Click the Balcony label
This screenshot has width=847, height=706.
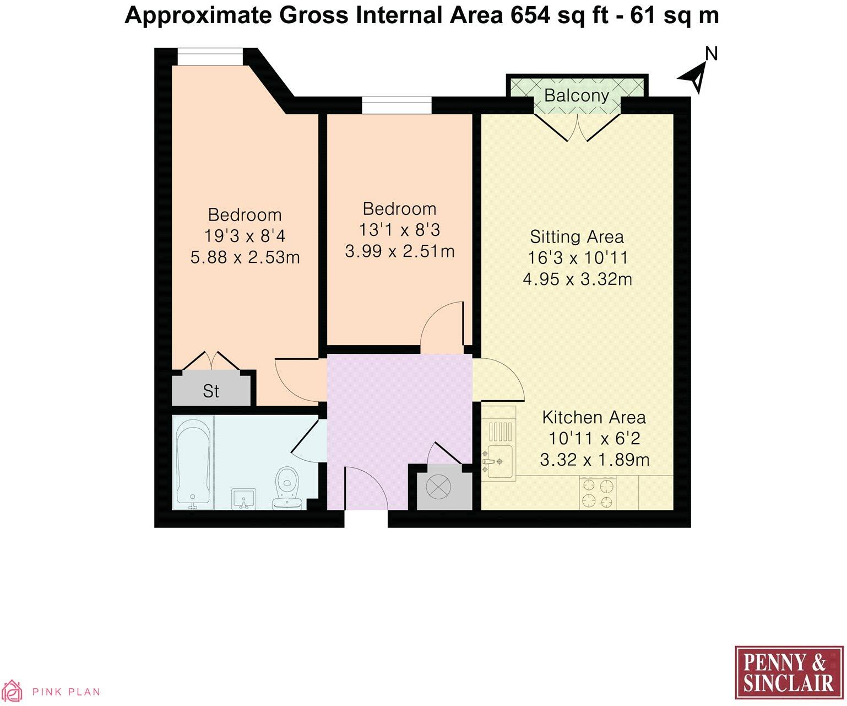[576, 95]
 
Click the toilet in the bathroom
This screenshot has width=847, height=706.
[286, 488]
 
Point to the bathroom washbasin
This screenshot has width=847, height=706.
[243, 498]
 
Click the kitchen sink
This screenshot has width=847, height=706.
[498, 461]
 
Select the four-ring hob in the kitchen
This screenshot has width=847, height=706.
[598, 493]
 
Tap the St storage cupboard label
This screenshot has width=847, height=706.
[211, 391]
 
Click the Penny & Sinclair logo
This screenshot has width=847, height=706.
[789, 673]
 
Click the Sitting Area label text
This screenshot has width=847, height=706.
[577, 236]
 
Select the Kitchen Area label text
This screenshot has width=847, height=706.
[594, 417]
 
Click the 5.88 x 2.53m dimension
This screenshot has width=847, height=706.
[245, 257]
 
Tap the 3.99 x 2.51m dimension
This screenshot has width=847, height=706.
[400, 251]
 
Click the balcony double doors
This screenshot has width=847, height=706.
[577, 127]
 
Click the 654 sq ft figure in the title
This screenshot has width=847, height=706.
[558, 15]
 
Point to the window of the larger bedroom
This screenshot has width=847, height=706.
[209, 57]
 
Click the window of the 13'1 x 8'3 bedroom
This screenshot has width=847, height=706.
[397, 105]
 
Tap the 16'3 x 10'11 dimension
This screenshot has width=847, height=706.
[577, 257]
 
